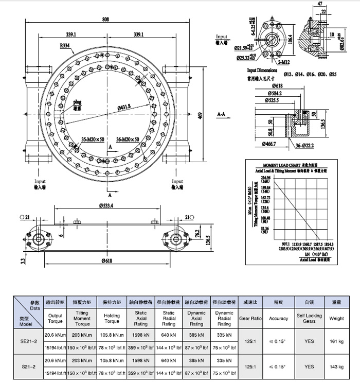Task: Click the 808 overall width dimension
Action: (105, 20)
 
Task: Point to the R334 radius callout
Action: (65, 46)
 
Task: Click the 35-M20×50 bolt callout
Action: (93, 140)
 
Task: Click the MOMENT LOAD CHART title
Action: (280, 163)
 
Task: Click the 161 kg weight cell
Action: (336, 341)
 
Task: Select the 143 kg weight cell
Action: (336, 367)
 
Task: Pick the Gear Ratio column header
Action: (251, 318)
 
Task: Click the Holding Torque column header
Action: (112, 318)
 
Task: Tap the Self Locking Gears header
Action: (309, 318)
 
